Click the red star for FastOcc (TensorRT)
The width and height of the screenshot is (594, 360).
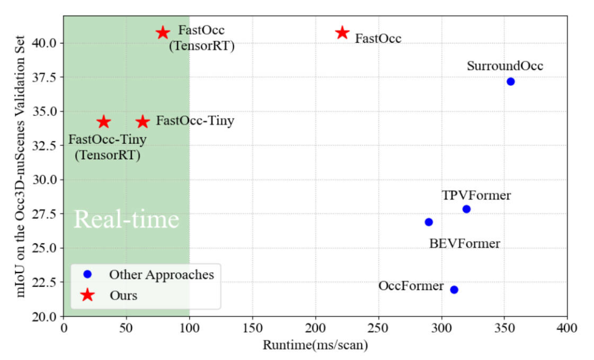(162, 32)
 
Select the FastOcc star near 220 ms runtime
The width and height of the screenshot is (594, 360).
(342, 32)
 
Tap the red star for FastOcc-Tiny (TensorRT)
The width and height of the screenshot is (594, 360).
(103, 122)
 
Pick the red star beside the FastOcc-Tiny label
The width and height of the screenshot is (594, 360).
(143, 122)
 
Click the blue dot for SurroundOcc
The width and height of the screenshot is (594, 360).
(510, 81)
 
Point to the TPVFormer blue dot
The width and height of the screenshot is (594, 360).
(466, 209)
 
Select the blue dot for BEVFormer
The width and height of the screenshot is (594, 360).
(429, 222)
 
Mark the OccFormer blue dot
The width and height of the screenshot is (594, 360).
(454, 290)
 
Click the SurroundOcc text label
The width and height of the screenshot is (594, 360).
(505, 66)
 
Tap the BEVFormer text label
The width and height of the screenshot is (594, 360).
(465, 243)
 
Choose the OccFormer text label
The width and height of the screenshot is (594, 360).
(411, 286)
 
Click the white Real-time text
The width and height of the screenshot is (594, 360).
(127, 219)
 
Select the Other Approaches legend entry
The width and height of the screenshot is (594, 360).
(161, 274)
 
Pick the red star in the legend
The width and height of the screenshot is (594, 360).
(87, 296)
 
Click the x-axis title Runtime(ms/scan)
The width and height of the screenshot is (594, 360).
(315, 346)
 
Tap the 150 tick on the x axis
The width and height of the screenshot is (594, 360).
(252, 329)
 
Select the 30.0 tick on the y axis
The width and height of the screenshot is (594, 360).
(48, 180)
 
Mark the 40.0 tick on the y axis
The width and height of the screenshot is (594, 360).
(48, 43)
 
